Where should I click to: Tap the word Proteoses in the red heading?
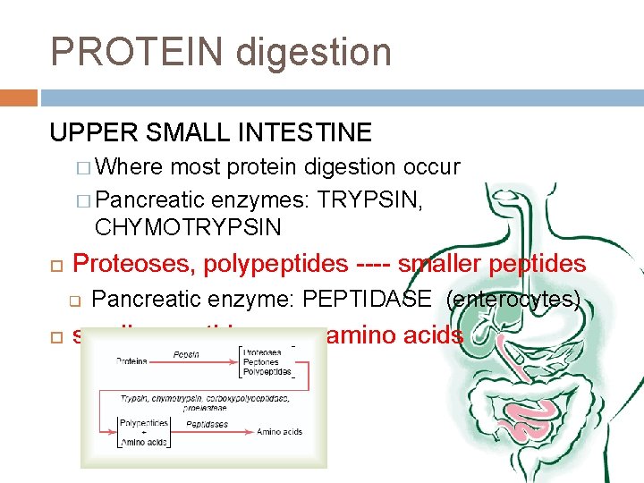pyautogui.click(x=134, y=264)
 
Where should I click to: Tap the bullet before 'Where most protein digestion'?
pyautogui.click(x=84, y=167)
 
